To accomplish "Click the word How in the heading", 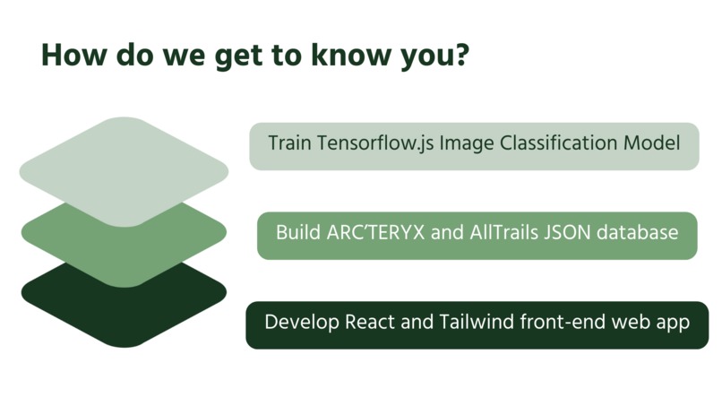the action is tap(74, 55).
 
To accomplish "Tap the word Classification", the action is tap(559, 143).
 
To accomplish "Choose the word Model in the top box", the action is tap(651, 143).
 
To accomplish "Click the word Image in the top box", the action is tap(467, 143).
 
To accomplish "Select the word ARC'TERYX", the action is tap(375, 232).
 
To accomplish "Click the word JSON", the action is tap(567, 232).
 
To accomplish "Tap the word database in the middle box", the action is tap(637, 232).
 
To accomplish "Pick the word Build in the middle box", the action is tap(298, 232).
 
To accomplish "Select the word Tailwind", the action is tap(477, 322).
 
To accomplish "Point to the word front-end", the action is tap(563, 322).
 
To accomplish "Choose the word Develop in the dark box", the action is tap(302, 323).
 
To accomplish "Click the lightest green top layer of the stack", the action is tap(124, 171).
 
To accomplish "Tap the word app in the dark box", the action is tap(674, 324).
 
